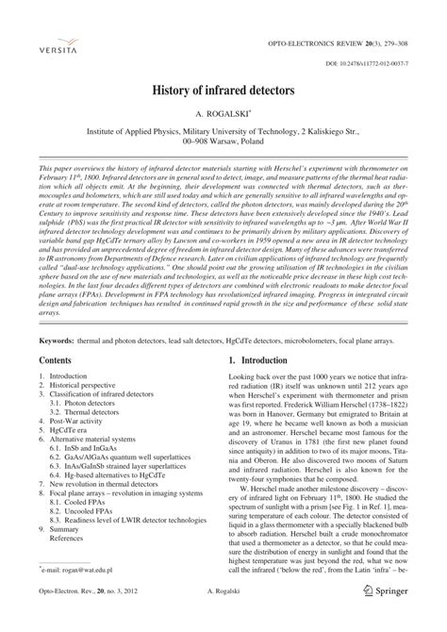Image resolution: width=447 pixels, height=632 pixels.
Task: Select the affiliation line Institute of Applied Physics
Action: (223, 135)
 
